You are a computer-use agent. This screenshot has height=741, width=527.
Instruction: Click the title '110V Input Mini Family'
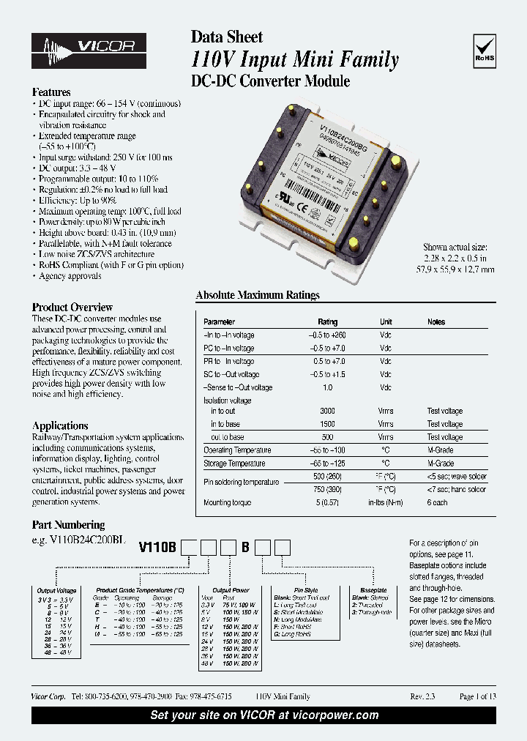[295, 60]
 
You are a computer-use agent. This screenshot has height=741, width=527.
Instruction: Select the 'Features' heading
[51, 93]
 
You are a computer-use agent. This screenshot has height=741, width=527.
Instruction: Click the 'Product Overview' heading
[72, 308]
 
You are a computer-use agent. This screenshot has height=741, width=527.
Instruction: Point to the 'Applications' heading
[60, 425]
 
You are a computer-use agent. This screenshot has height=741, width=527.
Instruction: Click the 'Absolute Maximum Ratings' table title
[258, 296]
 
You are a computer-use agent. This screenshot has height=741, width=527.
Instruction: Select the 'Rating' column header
[327, 322]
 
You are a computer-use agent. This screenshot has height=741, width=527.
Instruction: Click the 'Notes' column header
[436, 322]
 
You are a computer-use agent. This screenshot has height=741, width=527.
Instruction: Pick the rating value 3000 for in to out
[327, 412]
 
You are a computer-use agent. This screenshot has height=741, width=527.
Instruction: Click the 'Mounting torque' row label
[227, 503]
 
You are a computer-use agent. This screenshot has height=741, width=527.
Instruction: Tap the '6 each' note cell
[438, 503]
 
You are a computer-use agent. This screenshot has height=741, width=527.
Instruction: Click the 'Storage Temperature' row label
[234, 464]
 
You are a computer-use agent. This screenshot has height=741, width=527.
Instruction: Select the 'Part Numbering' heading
[68, 525]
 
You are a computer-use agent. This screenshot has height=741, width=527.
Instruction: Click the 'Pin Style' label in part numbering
[306, 589]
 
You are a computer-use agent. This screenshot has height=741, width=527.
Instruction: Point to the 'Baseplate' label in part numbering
[373, 589]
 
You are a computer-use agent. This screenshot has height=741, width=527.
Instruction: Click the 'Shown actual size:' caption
[455, 247]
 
